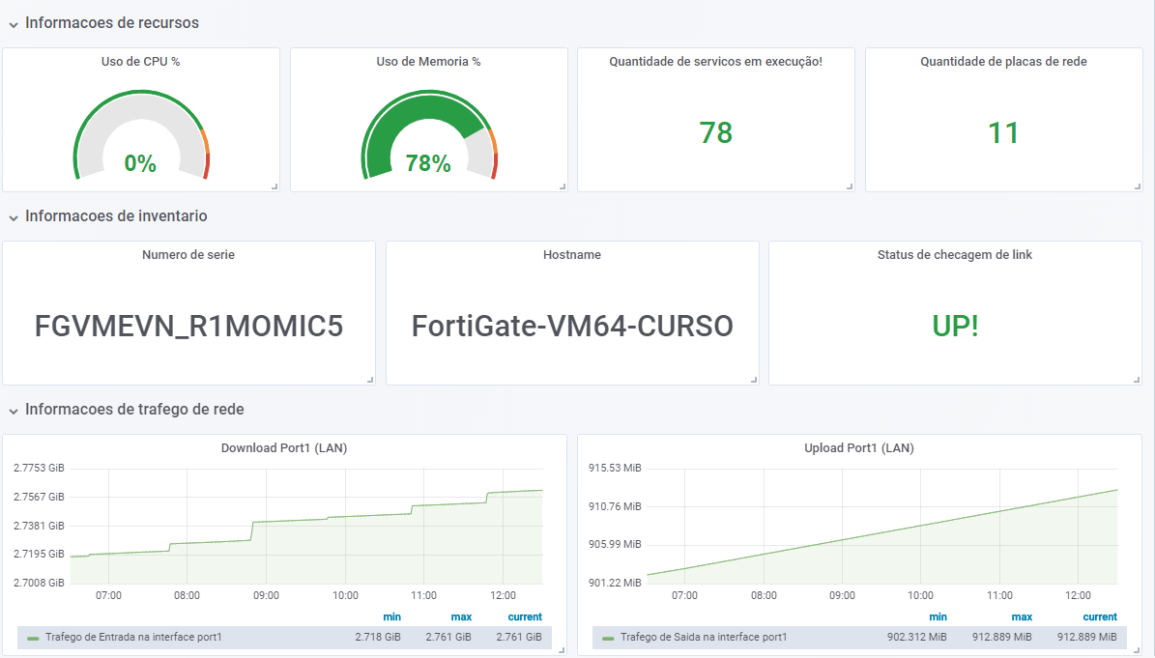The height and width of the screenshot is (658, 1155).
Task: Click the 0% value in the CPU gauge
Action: [x=140, y=163]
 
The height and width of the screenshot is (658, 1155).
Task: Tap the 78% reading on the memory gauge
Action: [x=428, y=163]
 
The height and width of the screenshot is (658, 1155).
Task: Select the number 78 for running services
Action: [x=716, y=132]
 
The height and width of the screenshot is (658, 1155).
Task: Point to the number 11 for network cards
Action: [x=1003, y=132]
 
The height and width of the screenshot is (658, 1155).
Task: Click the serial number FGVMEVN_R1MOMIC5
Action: [x=188, y=327]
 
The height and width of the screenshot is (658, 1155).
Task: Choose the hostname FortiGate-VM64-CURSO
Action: [x=572, y=327]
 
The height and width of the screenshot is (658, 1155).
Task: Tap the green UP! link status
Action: [x=956, y=327]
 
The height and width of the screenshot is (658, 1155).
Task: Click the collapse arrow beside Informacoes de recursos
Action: [x=14, y=23]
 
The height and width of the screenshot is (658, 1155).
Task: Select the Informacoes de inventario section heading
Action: [x=116, y=216]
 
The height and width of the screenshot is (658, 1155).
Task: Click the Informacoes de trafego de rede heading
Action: [x=134, y=410]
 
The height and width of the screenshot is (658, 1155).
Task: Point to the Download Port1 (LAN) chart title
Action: [x=284, y=448]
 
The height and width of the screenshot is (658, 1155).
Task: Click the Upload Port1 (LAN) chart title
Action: [x=859, y=448]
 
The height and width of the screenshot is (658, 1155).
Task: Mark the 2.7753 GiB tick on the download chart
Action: [x=39, y=468]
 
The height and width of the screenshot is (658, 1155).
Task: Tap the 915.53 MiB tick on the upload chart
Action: [x=615, y=468]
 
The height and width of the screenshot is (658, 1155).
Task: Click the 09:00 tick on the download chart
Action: [x=266, y=595]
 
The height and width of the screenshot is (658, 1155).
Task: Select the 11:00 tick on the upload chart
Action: [x=999, y=595]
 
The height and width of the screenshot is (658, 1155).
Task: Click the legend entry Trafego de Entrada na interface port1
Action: [x=133, y=638]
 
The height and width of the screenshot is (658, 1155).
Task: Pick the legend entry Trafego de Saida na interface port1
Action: [x=704, y=638]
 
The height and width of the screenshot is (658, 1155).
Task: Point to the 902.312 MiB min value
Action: [x=917, y=638]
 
